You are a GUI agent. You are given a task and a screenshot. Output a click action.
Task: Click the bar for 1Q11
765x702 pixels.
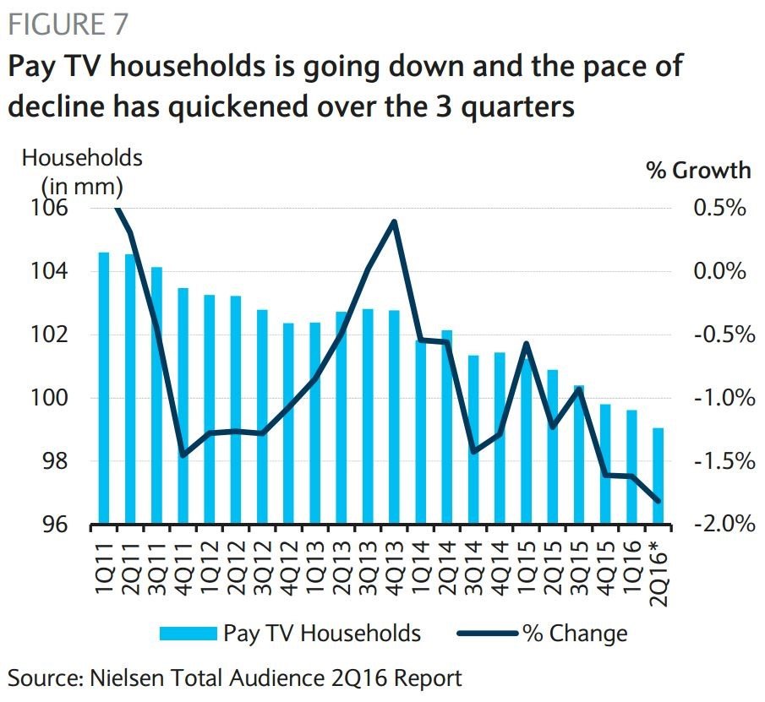(104, 389)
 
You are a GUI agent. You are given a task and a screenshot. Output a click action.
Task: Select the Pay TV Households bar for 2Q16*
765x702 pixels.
(658, 476)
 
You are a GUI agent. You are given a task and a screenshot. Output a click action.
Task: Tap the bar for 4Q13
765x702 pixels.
(394, 417)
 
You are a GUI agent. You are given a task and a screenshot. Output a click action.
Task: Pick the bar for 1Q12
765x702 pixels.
(210, 410)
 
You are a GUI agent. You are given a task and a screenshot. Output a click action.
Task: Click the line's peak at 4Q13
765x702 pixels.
(394, 221)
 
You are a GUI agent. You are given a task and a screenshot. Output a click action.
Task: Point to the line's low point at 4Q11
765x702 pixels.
(183, 455)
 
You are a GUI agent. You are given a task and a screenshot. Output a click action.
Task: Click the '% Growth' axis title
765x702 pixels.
(698, 171)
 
